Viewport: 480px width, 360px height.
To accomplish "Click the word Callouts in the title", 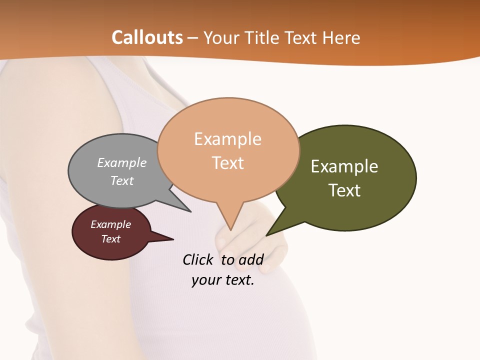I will coord(147,37).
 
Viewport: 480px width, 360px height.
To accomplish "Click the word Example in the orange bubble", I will coord(227,139).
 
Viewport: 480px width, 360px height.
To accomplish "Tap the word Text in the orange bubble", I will coord(228,163).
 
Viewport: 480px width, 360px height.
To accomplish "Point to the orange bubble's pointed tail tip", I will coord(230,230).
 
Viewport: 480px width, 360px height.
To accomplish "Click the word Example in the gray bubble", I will coord(122,162).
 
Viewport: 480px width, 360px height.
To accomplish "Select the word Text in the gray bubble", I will coord(122,180).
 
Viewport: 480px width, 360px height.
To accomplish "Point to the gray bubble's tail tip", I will coord(190,211).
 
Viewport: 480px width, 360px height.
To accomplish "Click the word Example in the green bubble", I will coord(344,166).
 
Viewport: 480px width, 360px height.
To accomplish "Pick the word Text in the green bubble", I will coord(344,190).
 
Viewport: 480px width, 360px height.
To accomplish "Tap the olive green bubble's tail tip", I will coord(266,235).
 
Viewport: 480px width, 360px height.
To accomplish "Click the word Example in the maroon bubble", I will coord(110,224).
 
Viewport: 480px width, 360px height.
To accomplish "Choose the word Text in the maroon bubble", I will coord(111,239).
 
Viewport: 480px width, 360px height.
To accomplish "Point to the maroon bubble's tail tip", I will coord(173,239).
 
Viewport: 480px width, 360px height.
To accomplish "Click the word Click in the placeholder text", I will coord(198,259).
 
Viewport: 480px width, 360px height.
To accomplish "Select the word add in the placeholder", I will coord(251,259).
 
